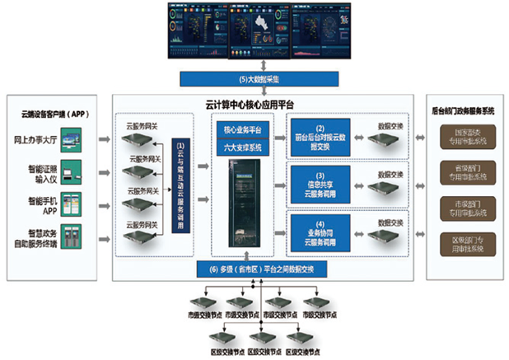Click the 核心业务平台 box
click(x=242, y=131)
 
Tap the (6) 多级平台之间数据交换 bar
click(x=259, y=269)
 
